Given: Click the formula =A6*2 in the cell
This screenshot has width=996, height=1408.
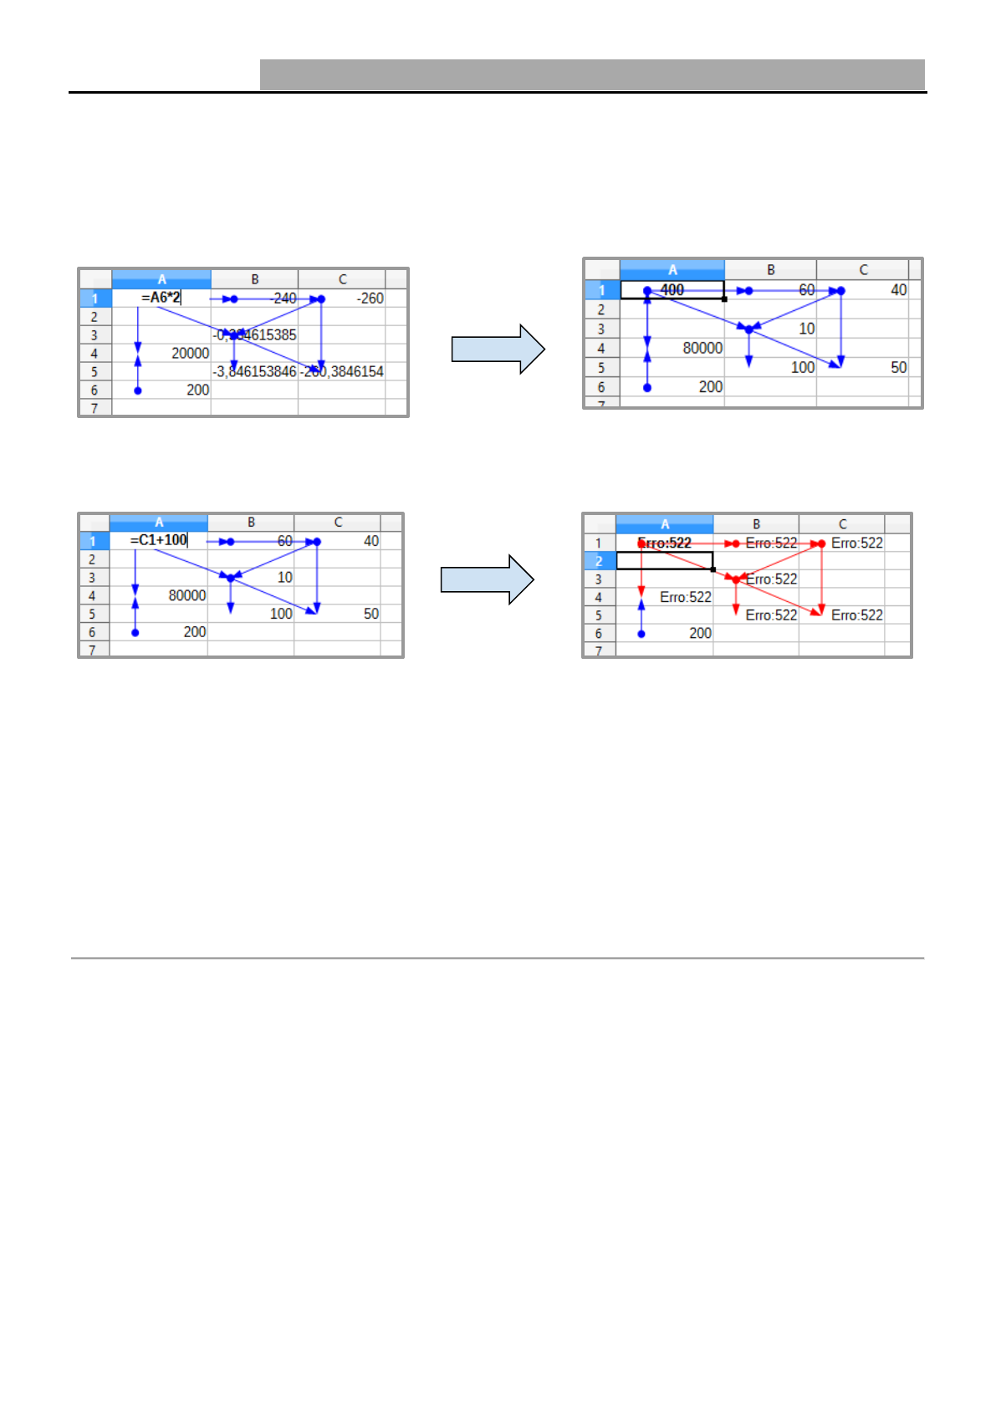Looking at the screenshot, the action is pos(161,298).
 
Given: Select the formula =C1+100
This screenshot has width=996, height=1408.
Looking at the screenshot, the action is pos(159,540).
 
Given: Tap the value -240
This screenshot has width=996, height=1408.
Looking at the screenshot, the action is pos(283,298).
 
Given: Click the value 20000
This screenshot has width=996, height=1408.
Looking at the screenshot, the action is pos(190,353).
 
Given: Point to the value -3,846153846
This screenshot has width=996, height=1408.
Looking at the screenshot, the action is pos(254,372).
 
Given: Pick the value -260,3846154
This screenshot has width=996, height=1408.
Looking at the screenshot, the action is pos(342,372).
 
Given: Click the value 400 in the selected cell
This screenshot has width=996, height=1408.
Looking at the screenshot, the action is pos(672,290).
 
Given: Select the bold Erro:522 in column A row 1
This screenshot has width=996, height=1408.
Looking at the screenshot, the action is pos(665,543).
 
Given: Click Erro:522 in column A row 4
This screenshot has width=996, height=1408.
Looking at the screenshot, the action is pos(685,597).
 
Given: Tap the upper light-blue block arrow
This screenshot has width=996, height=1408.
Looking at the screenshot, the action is pos(498,349).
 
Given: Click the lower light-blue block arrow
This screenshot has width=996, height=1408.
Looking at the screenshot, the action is pos(488,579).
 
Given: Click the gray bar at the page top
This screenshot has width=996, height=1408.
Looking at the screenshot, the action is pos(592,74).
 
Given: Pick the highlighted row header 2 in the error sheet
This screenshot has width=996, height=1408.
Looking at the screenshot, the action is pos(599,561).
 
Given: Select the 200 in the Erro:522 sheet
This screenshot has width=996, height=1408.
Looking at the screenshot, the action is pos(700,634).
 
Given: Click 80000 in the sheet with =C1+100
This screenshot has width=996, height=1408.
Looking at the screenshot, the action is pos(186,595).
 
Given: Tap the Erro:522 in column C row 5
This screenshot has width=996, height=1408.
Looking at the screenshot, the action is pos(856,615).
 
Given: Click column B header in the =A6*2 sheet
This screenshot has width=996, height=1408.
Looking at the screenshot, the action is pos(255,279).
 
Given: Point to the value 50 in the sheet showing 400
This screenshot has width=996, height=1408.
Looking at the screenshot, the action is pos(898,368).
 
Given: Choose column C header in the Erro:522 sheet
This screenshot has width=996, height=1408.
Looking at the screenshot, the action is pos(842,524).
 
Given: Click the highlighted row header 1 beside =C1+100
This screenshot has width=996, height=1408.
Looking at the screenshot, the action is pos(93,541).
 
